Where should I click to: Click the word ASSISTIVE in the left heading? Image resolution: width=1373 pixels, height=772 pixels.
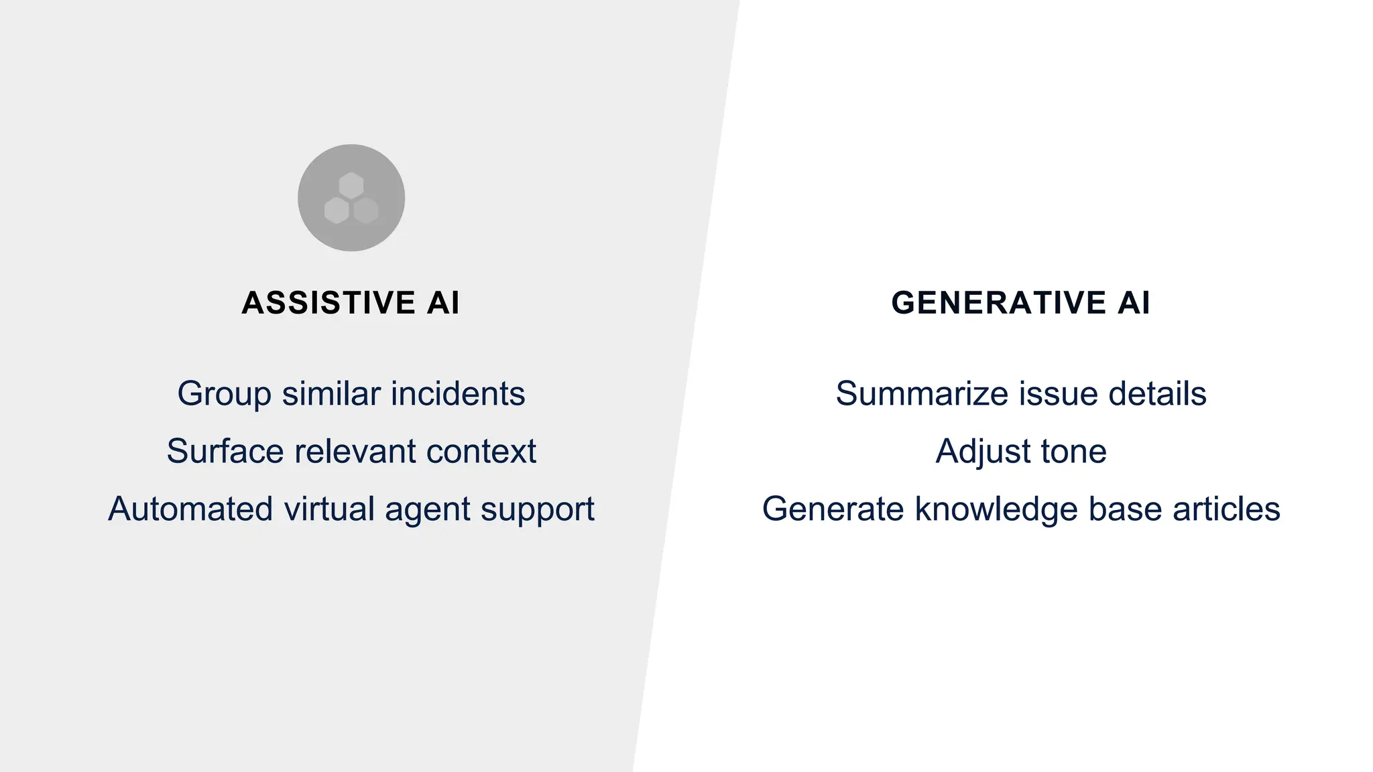329,303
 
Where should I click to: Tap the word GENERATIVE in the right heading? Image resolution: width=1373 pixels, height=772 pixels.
998,303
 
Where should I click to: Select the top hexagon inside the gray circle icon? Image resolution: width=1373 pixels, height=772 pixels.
351,186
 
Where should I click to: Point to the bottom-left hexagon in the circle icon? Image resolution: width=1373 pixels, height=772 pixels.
337,210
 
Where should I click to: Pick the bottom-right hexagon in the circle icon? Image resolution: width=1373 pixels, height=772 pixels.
366,210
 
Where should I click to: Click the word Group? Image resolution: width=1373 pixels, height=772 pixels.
224,394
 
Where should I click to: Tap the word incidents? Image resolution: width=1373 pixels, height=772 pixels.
458,394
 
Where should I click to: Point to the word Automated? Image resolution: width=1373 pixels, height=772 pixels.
190,509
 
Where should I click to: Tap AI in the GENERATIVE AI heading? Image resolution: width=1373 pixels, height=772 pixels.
1134,303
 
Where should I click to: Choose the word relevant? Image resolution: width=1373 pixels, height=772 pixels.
355,452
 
